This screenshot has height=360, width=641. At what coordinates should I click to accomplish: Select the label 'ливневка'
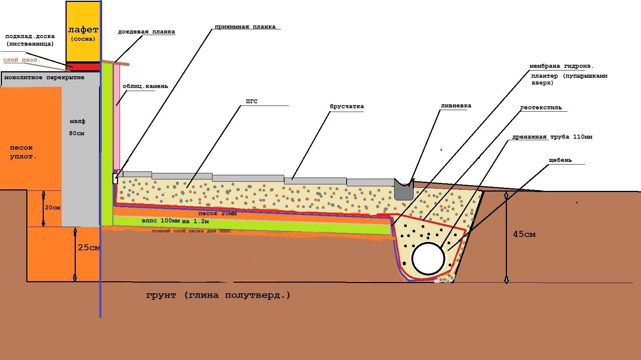(456, 106)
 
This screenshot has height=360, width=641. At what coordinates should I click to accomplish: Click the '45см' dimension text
(524, 234)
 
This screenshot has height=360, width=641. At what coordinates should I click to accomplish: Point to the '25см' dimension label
(89, 248)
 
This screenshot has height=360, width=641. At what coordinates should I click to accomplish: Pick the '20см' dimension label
(53, 208)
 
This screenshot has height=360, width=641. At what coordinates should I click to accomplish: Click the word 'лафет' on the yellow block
(83, 30)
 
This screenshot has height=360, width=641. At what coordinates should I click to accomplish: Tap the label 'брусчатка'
(347, 106)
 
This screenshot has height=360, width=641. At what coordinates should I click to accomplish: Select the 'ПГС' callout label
(252, 101)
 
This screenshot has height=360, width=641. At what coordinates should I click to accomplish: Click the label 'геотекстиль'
(541, 108)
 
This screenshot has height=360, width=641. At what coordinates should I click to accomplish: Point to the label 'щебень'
(560, 160)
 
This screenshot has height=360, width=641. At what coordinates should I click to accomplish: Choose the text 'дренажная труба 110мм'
(552, 137)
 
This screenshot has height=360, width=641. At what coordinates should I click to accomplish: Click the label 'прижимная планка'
(245, 27)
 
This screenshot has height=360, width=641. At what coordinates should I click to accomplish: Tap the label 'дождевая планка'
(146, 32)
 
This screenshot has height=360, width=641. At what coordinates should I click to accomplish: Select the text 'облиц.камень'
(145, 86)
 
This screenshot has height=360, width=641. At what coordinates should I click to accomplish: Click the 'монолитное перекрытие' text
(44, 77)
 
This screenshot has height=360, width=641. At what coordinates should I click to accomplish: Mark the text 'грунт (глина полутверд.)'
(218, 295)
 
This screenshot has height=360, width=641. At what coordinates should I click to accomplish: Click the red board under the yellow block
(83, 67)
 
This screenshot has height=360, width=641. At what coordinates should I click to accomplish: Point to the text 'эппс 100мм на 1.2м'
(175, 221)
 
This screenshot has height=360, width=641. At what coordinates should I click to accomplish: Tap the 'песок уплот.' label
(22, 152)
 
